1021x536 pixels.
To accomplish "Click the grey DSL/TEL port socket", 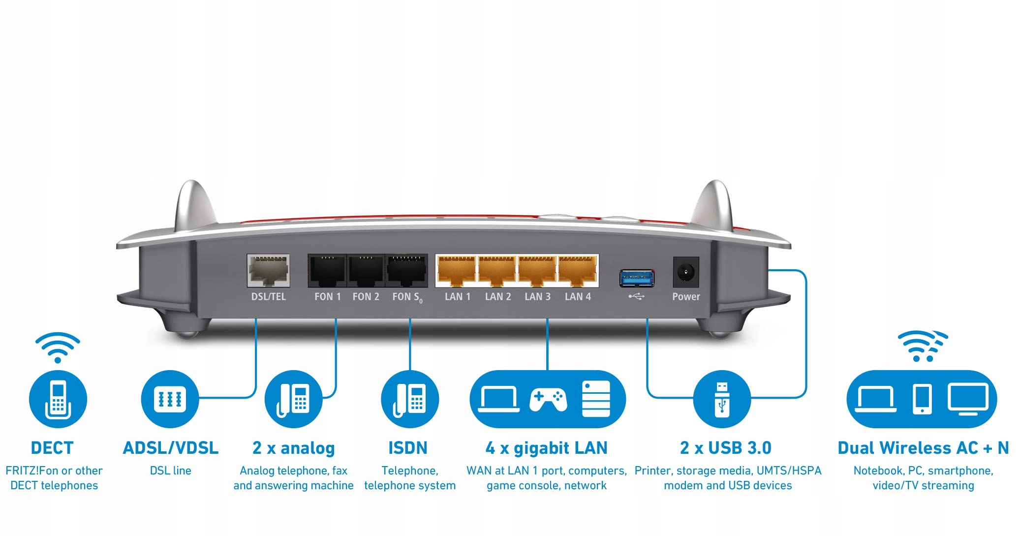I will [x=268, y=271].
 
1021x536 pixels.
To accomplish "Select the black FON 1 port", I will [x=327, y=271].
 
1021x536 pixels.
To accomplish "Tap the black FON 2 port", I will [x=366, y=271].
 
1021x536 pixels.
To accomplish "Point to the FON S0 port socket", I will [x=406, y=271].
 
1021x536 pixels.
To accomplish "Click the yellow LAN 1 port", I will [x=457, y=271].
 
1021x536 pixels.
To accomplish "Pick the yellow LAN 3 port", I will [x=537, y=271].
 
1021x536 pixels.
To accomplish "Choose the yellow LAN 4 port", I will [x=578, y=271].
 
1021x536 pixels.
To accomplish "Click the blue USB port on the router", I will [x=637, y=278].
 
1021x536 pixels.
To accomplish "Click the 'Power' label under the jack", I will [x=686, y=296].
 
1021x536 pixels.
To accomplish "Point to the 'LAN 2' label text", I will [x=497, y=296].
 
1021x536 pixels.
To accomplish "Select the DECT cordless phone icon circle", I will [x=58, y=399].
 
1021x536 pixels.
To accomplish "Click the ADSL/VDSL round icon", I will [x=170, y=399].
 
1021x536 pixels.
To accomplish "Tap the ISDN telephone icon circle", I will [x=410, y=399].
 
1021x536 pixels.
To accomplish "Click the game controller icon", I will [x=548, y=399].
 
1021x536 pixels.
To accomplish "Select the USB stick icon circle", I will [x=722, y=399].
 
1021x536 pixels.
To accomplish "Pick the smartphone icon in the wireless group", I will [x=922, y=399].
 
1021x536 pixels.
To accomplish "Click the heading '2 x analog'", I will [x=293, y=448].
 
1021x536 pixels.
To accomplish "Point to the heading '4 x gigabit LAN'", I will [x=546, y=448].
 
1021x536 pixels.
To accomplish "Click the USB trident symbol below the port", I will [x=636, y=296].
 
